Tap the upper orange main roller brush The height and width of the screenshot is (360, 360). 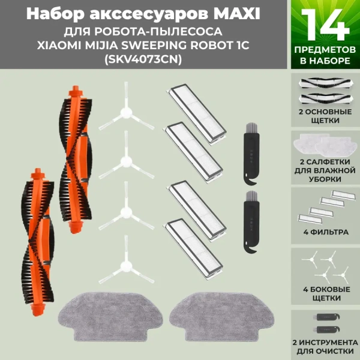click(x=76, y=159)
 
